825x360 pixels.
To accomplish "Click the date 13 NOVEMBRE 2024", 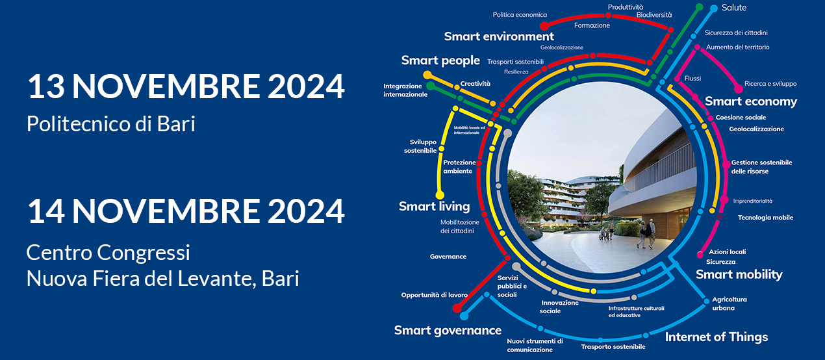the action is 186,86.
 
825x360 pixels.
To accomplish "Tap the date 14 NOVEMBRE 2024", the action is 186,211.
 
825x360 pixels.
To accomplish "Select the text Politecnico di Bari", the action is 110,123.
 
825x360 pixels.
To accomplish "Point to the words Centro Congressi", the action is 108,253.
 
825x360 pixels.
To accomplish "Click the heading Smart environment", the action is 499,36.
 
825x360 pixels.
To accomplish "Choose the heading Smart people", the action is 440,60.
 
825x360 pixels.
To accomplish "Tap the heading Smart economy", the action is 751,101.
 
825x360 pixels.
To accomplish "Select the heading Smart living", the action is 434,207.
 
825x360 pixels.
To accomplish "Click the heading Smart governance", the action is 448,331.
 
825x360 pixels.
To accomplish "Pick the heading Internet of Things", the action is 717,337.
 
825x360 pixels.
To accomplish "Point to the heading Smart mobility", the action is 739,274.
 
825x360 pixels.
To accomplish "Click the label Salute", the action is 734,8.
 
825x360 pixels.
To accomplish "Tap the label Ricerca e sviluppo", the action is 770,84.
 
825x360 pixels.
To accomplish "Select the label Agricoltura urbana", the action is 730,303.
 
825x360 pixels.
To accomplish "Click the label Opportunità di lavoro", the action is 434,295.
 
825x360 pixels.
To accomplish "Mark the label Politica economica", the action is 520,15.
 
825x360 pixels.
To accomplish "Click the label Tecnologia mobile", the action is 765,218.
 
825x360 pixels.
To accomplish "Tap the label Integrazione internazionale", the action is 405,90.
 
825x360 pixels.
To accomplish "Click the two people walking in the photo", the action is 646,233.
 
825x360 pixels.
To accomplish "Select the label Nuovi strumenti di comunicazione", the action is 535,345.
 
